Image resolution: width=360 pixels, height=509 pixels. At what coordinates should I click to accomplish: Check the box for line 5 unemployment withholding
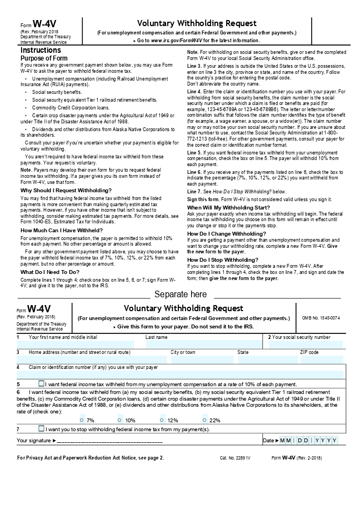(41, 383)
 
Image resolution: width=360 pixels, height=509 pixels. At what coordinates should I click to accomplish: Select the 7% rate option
(83, 420)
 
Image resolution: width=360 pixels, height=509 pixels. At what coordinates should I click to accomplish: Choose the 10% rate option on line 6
(121, 420)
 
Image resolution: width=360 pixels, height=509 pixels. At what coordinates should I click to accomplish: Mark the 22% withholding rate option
(205, 420)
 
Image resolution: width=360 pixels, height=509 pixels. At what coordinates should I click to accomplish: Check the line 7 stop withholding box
(41, 428)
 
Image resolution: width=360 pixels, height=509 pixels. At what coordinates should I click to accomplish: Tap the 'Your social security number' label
(301, 337)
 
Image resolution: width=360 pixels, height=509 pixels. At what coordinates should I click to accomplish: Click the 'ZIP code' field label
(309, 352)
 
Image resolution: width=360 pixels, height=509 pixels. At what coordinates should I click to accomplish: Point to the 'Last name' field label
(156, 337)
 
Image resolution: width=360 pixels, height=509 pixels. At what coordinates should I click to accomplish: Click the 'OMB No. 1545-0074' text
(321, 318)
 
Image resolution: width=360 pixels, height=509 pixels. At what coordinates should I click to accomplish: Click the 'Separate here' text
(181, 294)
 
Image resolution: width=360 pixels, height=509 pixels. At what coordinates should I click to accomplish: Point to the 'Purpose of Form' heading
(44, 58)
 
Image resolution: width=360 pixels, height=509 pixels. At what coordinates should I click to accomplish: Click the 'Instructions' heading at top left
(41, 50)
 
